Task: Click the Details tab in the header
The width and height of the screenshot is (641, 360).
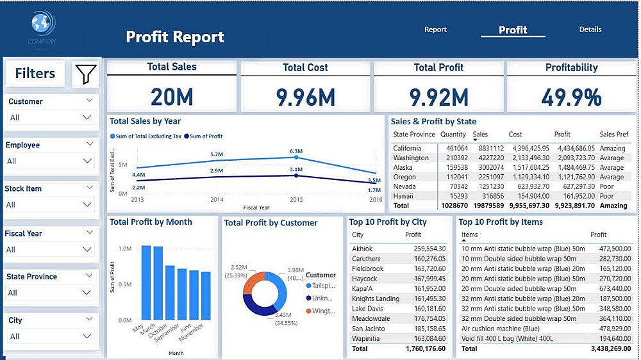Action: tap(590, 29)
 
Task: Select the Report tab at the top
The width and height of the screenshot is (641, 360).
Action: tap(435, 29)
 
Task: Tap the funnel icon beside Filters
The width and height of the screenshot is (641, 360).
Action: tap(85, 74)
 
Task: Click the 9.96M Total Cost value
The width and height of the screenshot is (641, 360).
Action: tap(305, 97)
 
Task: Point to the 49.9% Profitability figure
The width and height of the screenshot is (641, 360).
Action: tap(571, 97)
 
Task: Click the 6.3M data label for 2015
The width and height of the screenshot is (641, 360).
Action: tap(296, 151)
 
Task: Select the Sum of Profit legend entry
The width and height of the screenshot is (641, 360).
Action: tap(204, 136)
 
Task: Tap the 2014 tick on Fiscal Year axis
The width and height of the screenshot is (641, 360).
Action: tap(217, 200)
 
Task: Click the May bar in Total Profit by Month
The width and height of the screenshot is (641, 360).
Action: tap(146, 286)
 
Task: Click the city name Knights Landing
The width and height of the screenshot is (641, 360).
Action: tap(376, 299)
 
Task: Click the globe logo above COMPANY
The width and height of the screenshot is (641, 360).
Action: tap(42, 24)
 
